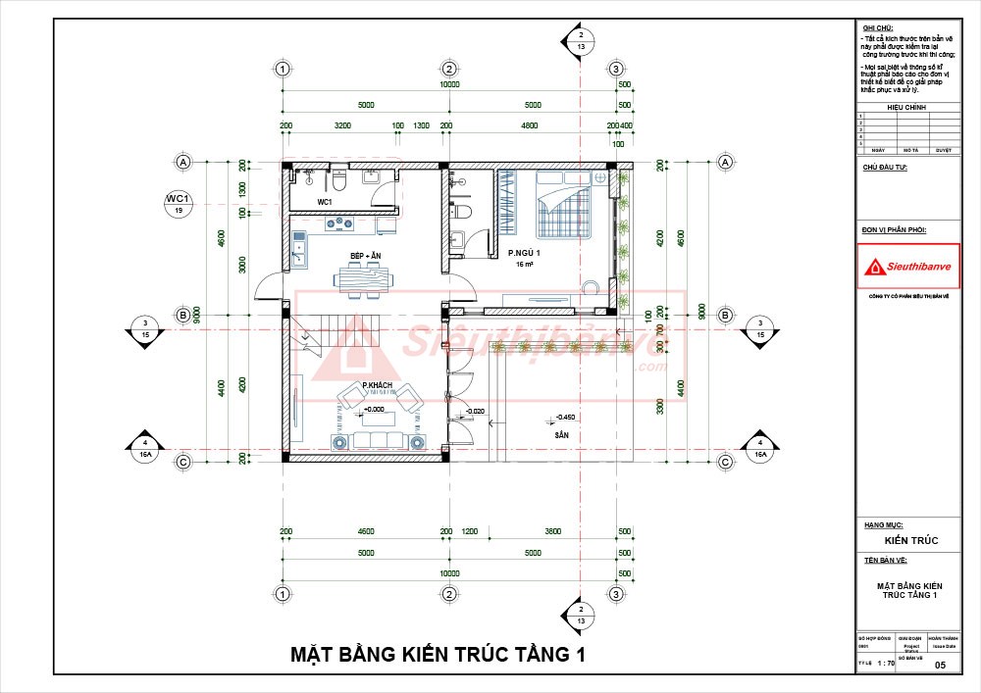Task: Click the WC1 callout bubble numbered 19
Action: pos(179,204)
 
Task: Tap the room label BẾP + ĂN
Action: pos(365,256)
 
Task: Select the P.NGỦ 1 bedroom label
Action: pos(524,253)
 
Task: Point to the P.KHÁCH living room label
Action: pos(377,384)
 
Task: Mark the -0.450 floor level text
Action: pos(567,417)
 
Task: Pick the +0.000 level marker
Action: pos(373,410)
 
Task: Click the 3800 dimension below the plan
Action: pos(552,531)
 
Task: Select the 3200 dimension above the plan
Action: pos(342,126)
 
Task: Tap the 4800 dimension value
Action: pos(529,126)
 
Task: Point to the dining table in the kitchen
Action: pos(366,280)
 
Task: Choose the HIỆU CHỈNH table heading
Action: pos(905,107)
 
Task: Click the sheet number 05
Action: pos(941,666)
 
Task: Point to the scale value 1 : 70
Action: pos(885,665)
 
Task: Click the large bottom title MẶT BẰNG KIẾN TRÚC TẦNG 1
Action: pos(437,654)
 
